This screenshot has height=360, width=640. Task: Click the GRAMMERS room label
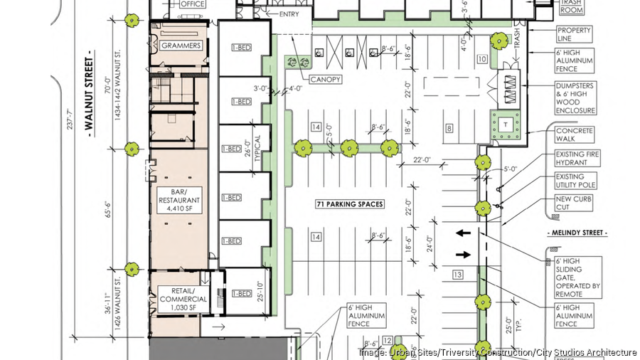tap(181, 46)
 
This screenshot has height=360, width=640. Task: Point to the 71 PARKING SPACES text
tap(349, 204)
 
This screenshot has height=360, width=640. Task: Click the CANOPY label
tap(324, 79)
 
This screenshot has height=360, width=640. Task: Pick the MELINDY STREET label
tap(577, 233)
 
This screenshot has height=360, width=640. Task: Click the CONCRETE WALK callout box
tap(574, 135)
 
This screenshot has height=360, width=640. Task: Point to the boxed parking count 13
tap(458, 275)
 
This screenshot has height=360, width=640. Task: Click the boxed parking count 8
tap(449, 129)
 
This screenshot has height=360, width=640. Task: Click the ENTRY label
tap(289, 14)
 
